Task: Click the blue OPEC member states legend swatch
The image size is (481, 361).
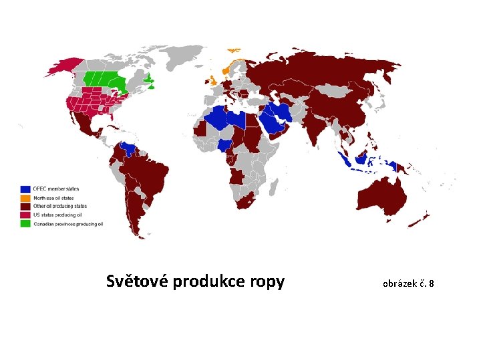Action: point(25,189)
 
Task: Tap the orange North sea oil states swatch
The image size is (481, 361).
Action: point(25,198)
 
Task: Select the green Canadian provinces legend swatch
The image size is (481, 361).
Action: point(25,224)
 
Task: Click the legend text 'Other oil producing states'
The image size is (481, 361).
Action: point(60,207)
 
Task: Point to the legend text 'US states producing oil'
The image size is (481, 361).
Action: point(57,215)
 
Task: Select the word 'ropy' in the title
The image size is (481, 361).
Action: point(267,283)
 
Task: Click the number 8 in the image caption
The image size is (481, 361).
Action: point(431,284)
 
